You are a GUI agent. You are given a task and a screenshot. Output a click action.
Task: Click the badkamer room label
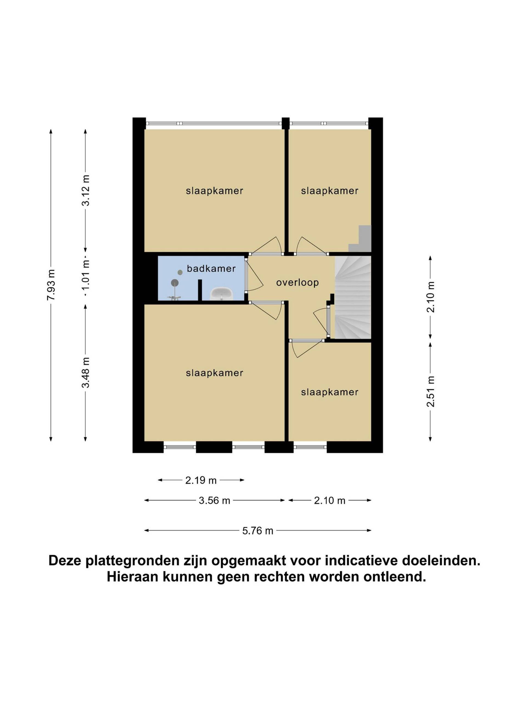point(211,268)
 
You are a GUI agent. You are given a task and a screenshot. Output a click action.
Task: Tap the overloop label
point(297,282)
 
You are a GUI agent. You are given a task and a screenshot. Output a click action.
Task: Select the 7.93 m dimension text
point(51,285)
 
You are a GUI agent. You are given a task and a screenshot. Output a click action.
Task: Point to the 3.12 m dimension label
point(85,190)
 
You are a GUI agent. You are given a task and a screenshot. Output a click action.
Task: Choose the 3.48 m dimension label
point(85,373)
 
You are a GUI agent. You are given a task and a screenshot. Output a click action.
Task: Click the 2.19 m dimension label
point(201,480)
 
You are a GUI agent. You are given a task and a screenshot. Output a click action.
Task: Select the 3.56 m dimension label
point(214,500)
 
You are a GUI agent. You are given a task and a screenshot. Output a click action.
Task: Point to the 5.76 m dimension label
point(258,531)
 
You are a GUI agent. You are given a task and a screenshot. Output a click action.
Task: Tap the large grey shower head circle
point(175,282)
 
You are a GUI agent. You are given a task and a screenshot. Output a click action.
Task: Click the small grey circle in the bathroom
point(180,272)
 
